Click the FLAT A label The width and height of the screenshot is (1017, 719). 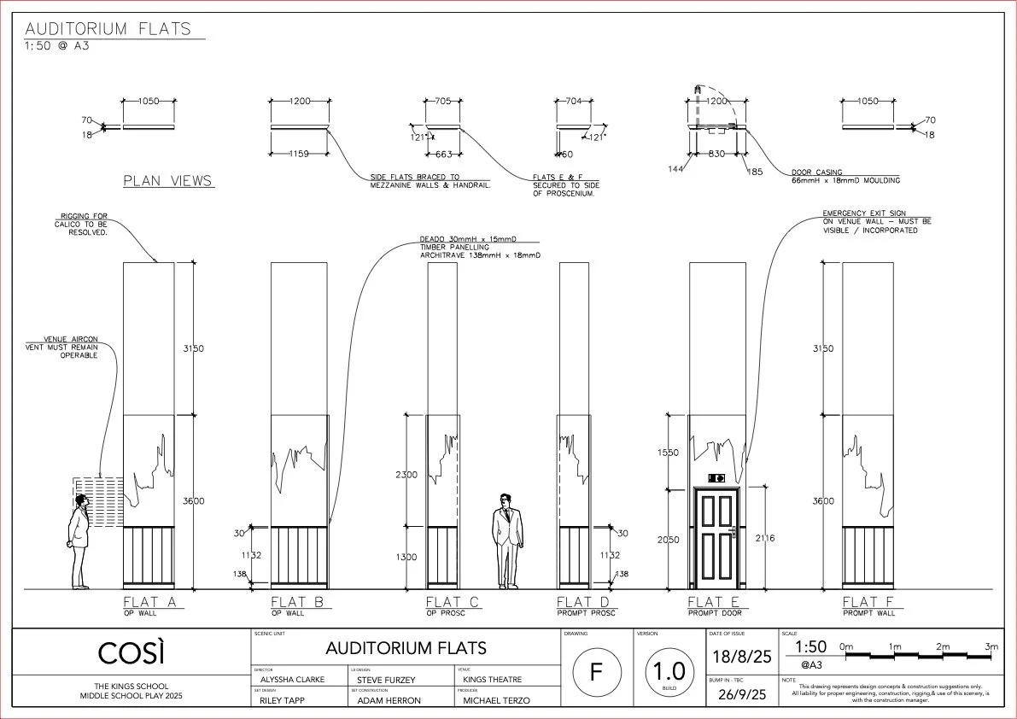(x=149, y=602)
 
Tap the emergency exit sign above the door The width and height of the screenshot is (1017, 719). (x=716, y=478)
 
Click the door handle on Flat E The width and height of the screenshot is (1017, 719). (x=733, y=532)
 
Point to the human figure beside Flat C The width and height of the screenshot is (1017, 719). (x=506, y=541)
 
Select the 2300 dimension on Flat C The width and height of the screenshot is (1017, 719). (x=407, y=474)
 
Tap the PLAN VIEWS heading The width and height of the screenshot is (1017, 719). (x=168, y=181)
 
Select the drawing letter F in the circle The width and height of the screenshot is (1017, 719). (x=594, y=671)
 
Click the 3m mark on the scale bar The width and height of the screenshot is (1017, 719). (x=990, y=647)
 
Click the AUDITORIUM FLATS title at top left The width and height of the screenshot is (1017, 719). (x=108, y=29)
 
